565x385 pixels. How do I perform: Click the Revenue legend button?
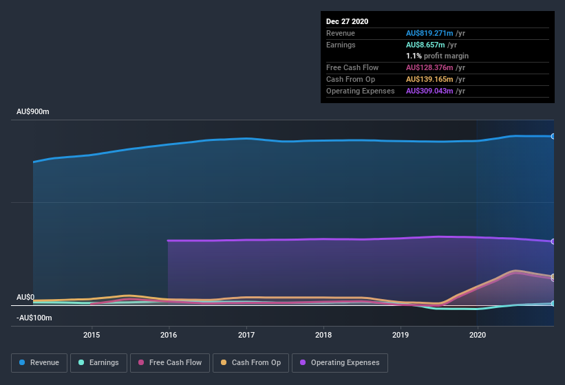point(39,362)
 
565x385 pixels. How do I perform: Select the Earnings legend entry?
point(98,362)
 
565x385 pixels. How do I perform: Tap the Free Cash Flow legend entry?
point(169,362)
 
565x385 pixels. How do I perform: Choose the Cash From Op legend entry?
point(251,362)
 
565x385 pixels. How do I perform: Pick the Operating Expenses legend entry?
point(339,362)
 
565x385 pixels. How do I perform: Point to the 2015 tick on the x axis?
point(92,335)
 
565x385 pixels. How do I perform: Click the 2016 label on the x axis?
point(169,335)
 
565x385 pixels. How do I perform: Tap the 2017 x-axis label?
point(246,335)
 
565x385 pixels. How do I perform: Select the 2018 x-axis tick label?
point(323,335)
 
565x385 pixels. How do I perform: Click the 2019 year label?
point(400,335)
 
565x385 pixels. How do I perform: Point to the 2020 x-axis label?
point(477,335)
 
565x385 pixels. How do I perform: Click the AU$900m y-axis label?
point(32,111)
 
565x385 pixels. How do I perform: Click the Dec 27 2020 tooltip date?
point(347,21)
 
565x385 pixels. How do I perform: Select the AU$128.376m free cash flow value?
point(430,67)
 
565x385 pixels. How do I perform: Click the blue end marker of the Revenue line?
point(553,136)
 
